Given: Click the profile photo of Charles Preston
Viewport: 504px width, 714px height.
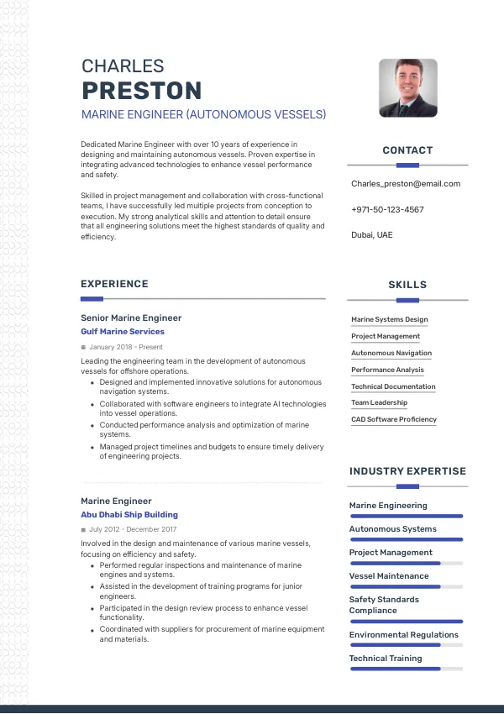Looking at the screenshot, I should click(407, 87).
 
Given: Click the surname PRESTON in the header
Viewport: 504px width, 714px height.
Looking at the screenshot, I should click(141, 91).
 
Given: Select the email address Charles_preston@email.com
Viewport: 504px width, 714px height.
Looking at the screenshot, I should click(406, 184).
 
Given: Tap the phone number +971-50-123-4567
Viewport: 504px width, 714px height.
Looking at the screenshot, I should click(387, 210).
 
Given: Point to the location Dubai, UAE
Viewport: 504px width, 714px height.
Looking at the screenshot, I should click(371, 235).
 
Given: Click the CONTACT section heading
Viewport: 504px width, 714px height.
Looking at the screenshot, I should click(407, 150).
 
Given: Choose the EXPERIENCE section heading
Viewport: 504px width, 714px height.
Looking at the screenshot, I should click(114, 284).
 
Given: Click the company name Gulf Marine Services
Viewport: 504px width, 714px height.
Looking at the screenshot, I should click(123, 332).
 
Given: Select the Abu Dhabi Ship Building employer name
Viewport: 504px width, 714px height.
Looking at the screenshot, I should click(129, 515).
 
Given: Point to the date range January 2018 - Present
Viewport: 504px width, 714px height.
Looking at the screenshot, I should click(125, 347).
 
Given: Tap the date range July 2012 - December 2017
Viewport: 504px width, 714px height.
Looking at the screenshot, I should click(132, 530).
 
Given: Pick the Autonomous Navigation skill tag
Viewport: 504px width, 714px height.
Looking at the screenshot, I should click(391, 353).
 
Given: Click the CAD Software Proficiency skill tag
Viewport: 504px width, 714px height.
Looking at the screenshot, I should click(394, 419).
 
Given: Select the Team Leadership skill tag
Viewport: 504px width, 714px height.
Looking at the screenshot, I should click(379, 403).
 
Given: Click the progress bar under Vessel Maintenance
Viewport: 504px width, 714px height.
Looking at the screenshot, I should click(406, 586).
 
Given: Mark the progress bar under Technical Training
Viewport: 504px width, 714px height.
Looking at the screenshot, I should click(406, 669).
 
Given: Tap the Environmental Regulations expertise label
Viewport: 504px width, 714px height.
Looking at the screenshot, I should click(404, 635).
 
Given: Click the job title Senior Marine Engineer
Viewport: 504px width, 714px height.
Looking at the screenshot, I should click(131, 318).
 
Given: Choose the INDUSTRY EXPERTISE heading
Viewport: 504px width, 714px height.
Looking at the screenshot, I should click(407, 471).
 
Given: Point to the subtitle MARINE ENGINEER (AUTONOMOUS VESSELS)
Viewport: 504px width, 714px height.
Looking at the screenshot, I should click(203, 114).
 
